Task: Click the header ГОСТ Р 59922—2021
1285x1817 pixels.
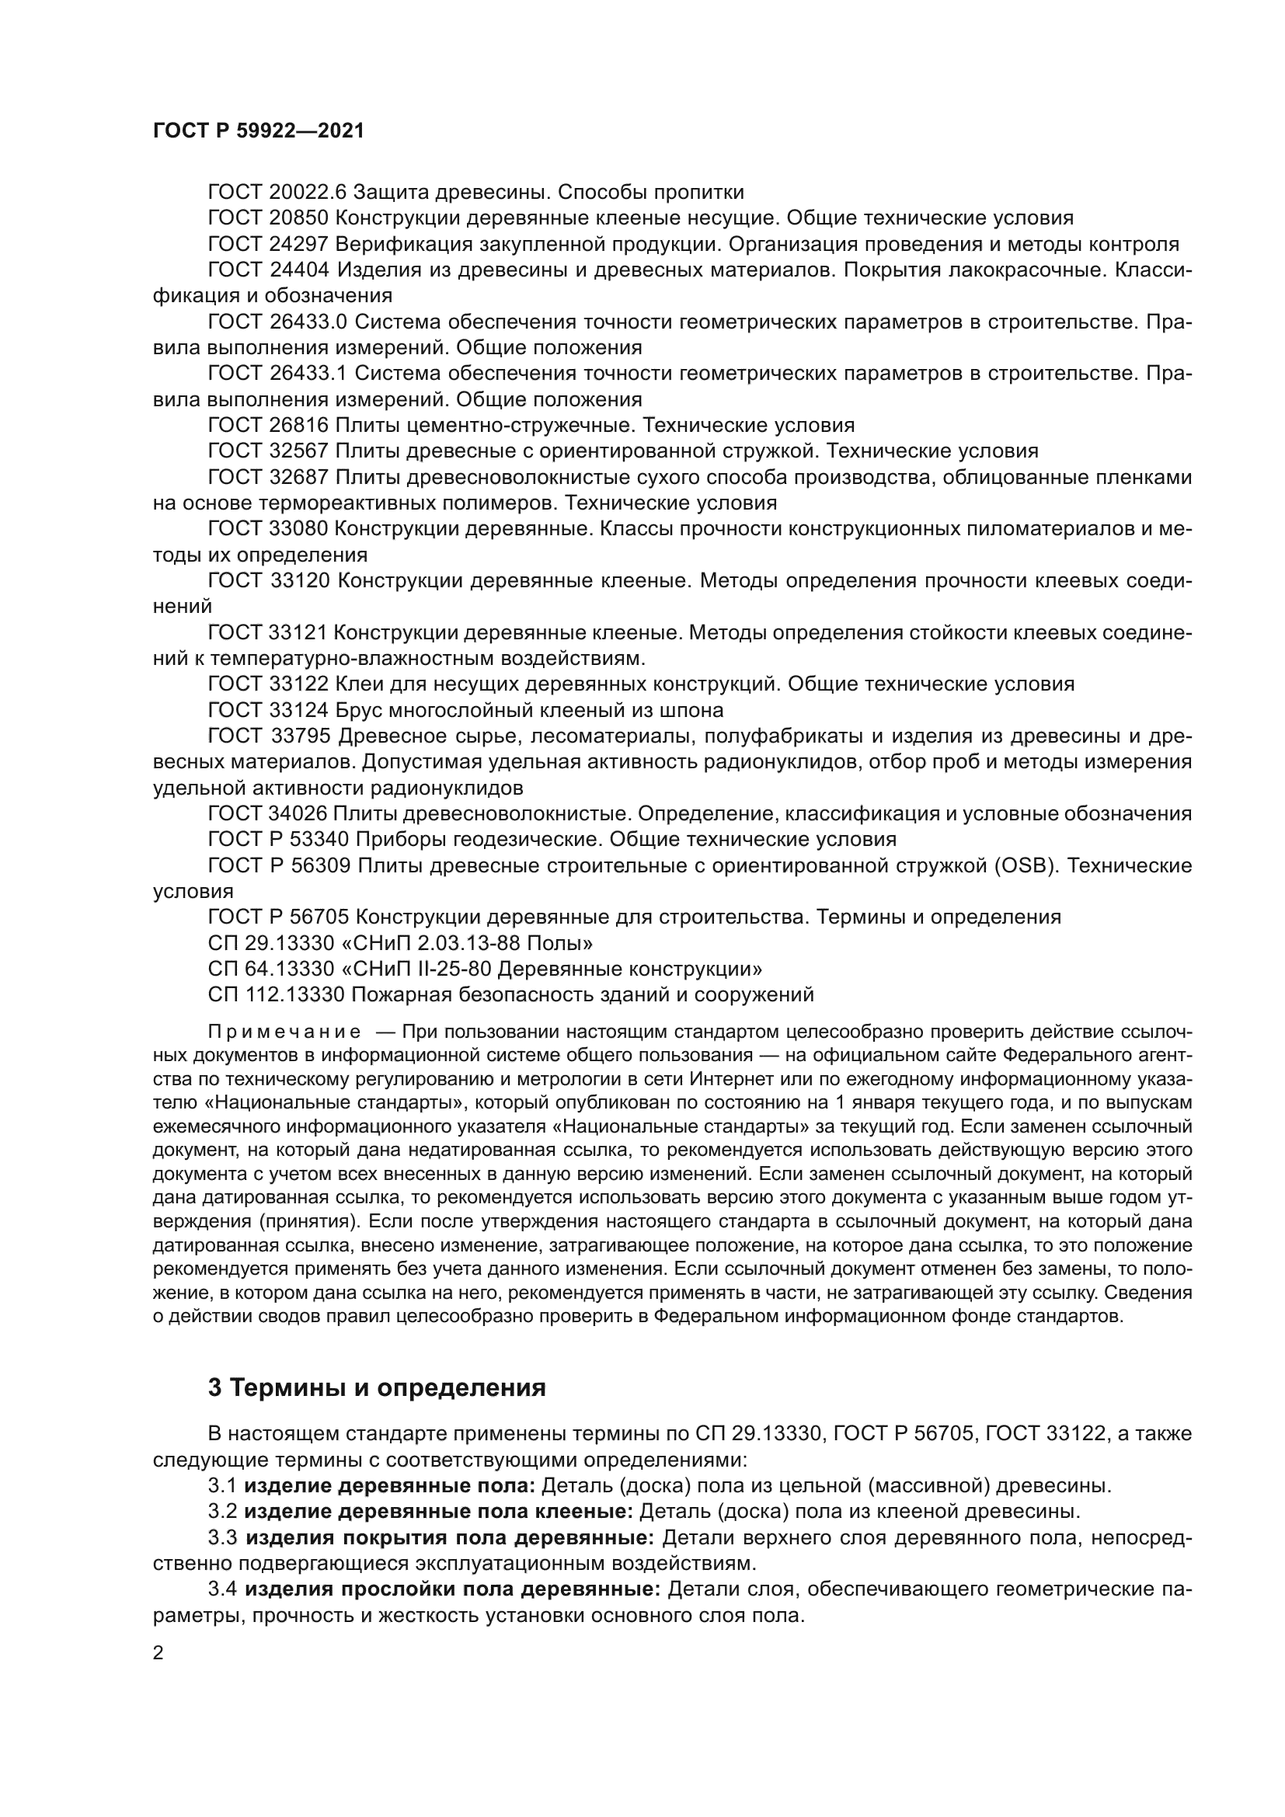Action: (259, 131)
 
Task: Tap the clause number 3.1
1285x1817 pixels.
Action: (222, 1485)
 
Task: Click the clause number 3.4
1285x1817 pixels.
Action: (222, 1589)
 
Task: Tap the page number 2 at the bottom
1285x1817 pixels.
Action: (158, 1653)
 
